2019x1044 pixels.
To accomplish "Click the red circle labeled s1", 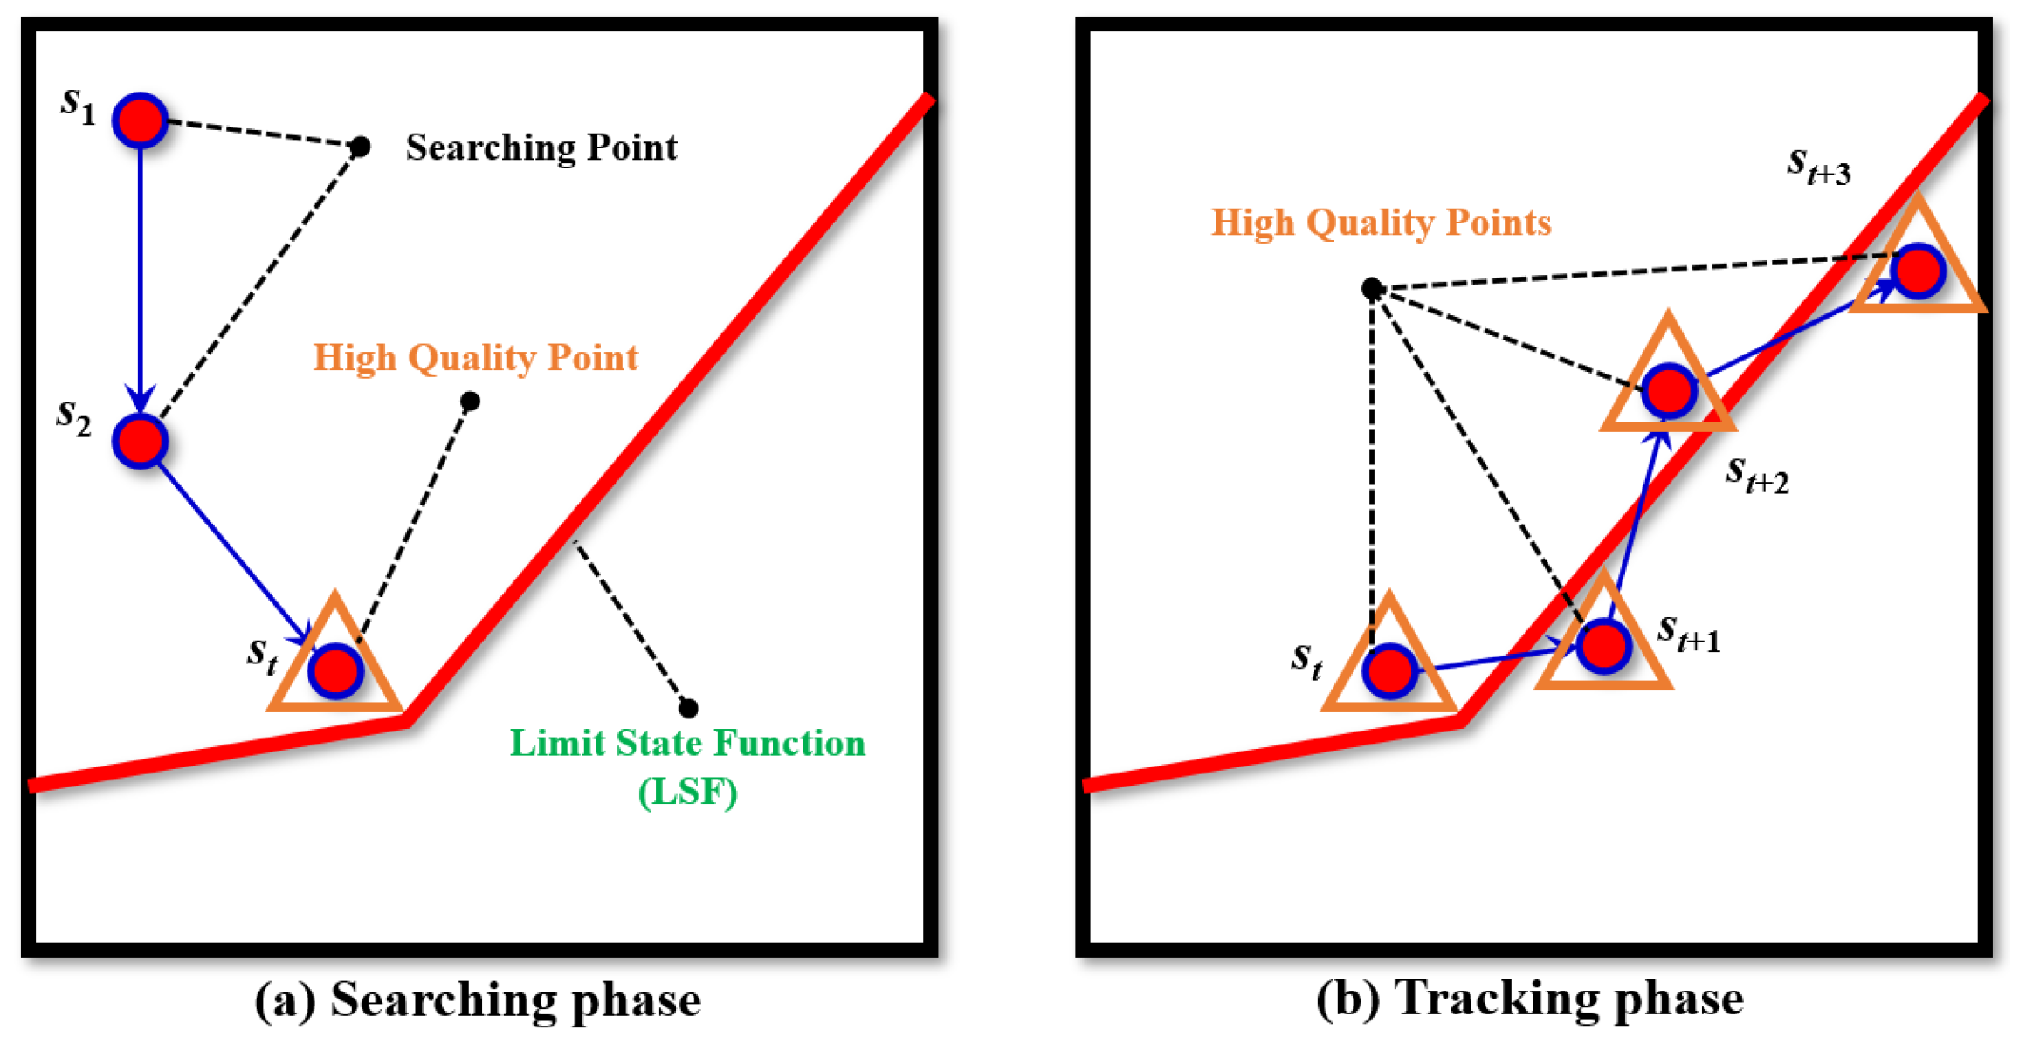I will pyautogui.click(x=140, y=120).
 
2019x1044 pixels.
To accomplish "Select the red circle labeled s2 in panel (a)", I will pyautogui.click(x=140, y=442).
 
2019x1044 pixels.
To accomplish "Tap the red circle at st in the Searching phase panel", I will pyautogui.click(x=335, y=671).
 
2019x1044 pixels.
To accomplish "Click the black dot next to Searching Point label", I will pyautogui.click(x=360, y=147).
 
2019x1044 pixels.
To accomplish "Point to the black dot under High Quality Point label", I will pyautogui.click(x=470, y=402).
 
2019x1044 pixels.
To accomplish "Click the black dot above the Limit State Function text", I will pyautogui.click(x=688, y=708).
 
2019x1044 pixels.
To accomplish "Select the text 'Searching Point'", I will pyautogui.click(x=541, y=148).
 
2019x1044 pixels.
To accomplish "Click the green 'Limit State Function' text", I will pyautogui.click(x=687, y=743).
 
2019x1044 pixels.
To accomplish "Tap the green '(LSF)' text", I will pyautogui.click(x=687, y=792).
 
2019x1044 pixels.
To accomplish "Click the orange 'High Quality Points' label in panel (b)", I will pyautogui.click(x=1381, y=223).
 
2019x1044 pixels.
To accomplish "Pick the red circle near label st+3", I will pyautogui.click(x=1918, y=271).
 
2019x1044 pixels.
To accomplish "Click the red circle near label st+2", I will pyautogui.click(x=1669, y=390).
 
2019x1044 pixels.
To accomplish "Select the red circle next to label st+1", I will pyautogui.click(x=1604, y=647).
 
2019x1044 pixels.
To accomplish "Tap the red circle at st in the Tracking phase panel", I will pyautogui.click(x=1389, y=671).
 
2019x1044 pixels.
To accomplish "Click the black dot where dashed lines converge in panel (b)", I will pyautogui.click(x=1372, y=288).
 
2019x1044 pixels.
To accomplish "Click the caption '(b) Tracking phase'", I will pyautogui.click(x=1529, y=998).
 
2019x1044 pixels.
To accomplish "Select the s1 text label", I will pyautogui.click(x=78, y=105).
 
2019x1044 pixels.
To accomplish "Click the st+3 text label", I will pyautogui.click(x=1818, y=166).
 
